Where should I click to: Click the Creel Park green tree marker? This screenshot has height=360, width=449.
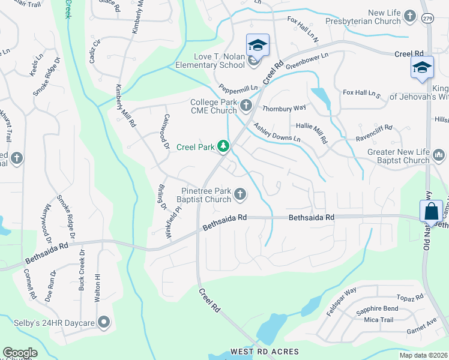pos(223,146)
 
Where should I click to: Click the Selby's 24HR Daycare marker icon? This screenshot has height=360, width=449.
pos(104,323)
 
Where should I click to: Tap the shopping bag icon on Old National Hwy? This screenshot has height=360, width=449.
pos(432,211)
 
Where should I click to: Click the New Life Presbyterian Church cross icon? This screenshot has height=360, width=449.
pos(410,16)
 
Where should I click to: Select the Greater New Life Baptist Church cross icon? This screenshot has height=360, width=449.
pos(439,157)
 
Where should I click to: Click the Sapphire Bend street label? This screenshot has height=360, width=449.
pos(376,309)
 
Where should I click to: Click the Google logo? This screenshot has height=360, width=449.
pos(20,353)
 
